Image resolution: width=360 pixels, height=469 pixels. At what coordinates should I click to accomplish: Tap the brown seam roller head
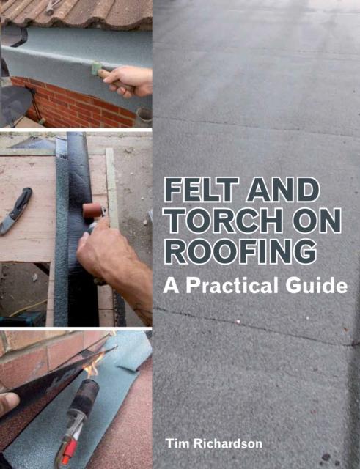92,211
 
